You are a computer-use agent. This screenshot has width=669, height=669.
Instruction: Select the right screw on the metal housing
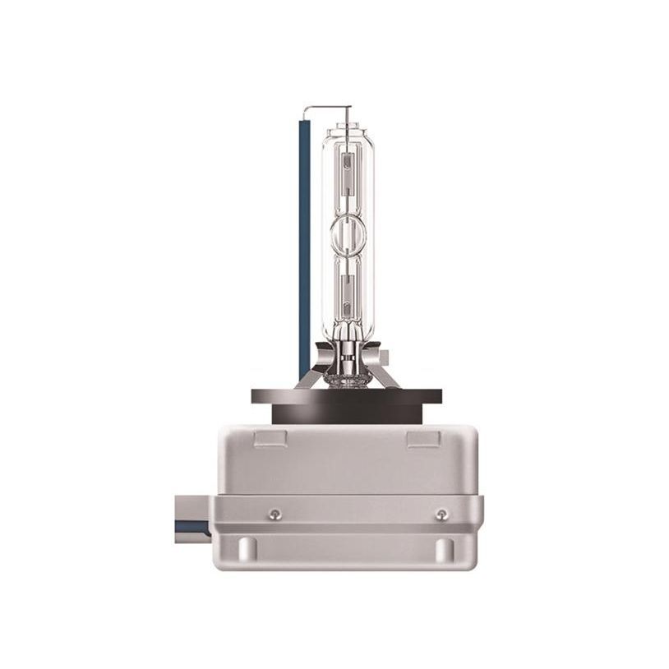point(441,514)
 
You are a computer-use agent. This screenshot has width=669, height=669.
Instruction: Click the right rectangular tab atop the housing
point(422,438)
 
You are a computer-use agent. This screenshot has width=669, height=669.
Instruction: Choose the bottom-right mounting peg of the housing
point(445,549)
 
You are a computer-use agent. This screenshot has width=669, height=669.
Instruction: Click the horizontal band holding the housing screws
point(353,514)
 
